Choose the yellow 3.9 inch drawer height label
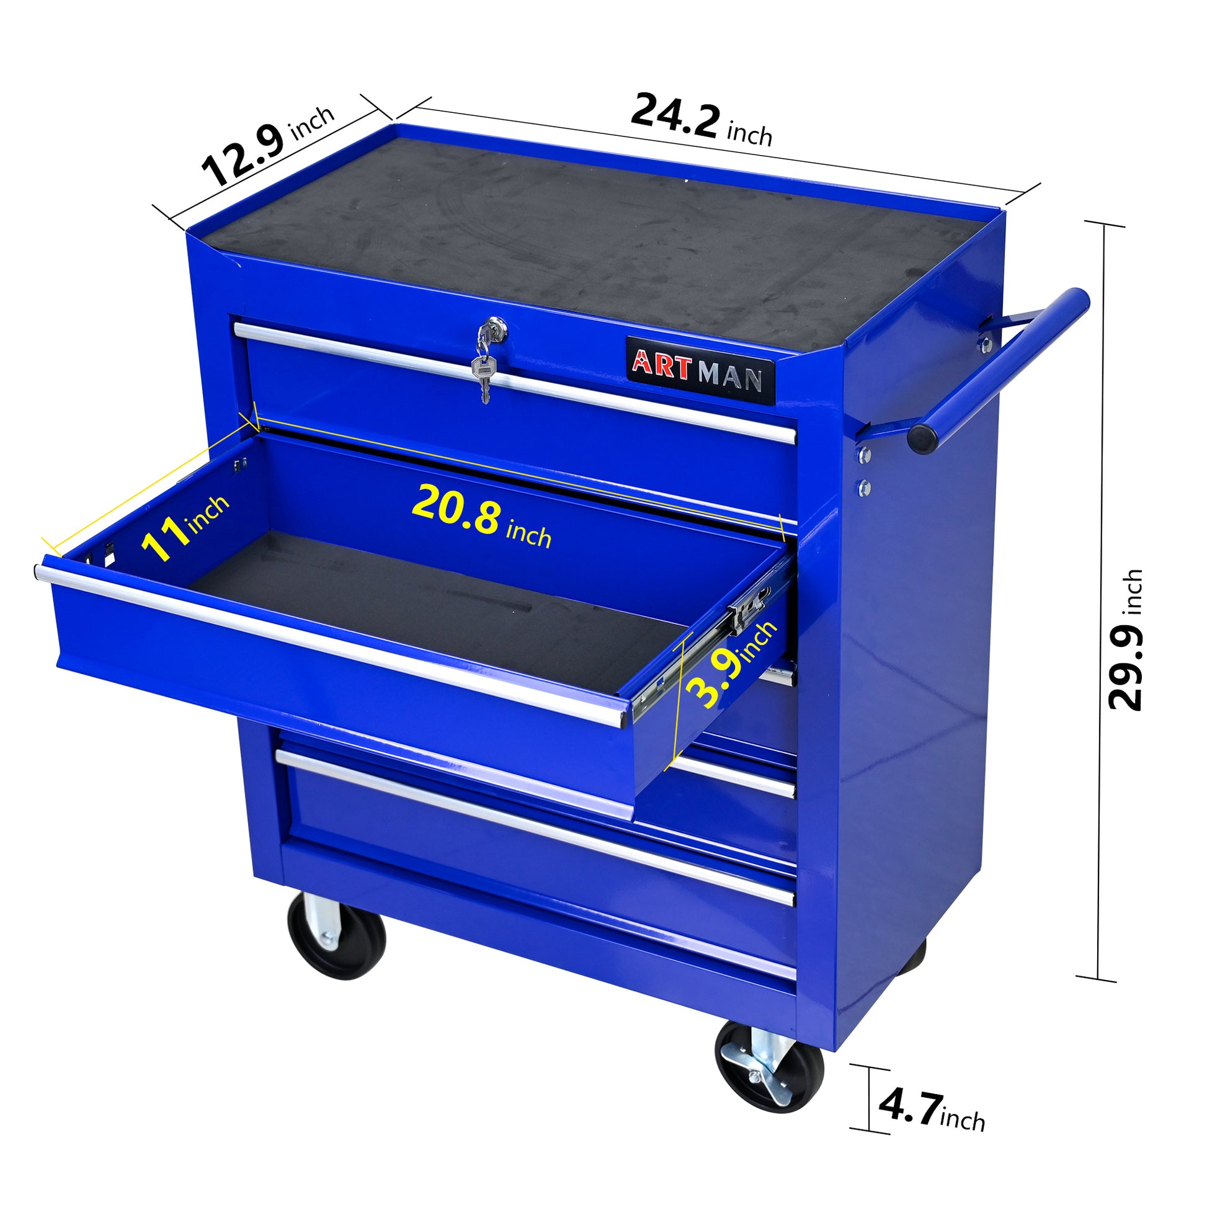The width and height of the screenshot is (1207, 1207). tap(730, 668)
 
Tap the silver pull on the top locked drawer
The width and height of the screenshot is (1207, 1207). tap(512, 381)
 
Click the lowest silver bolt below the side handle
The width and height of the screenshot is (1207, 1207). tap(864, 487)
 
